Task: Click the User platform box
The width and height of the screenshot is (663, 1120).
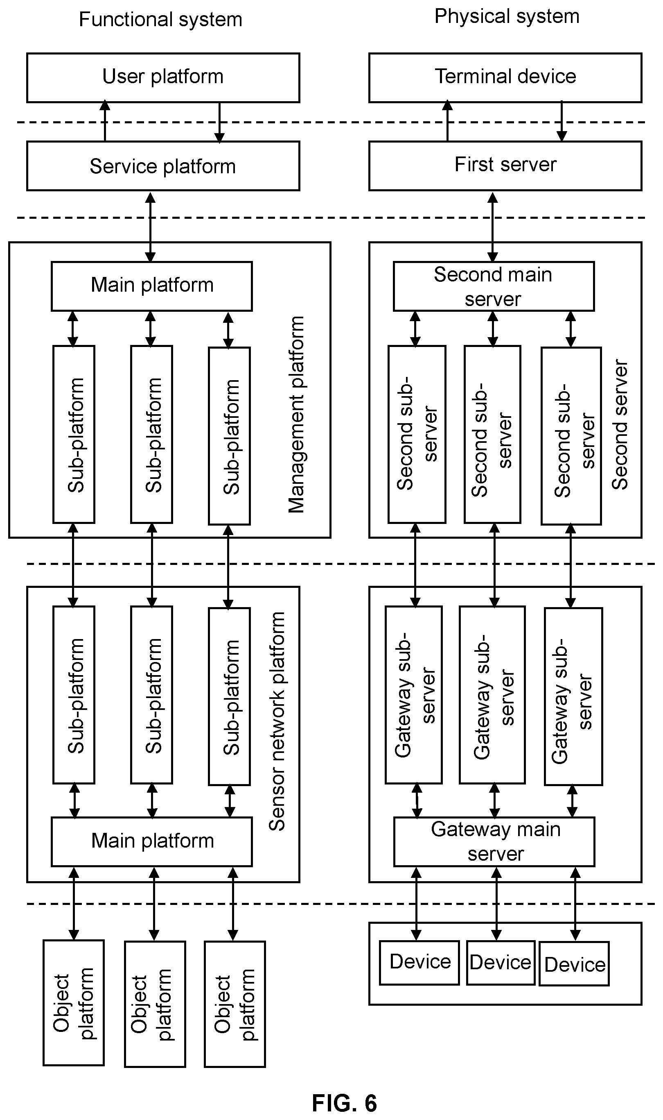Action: (x=163, y=78)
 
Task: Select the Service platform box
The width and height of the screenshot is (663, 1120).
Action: (x=163, y=166)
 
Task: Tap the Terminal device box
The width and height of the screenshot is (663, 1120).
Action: (x=505, y=78)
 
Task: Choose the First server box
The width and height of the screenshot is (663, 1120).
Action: (x=505, y=166)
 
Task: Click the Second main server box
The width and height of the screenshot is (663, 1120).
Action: (x=494, y=286)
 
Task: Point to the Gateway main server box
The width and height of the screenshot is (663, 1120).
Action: (x=494, y=841)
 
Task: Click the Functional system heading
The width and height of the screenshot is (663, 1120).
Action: (x=160, y=20)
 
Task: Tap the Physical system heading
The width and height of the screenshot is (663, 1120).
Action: (x=507, y=16)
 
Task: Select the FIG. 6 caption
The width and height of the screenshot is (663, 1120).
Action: (x=345, y=1103)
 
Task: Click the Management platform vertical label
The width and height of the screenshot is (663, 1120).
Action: (x=296, y=414)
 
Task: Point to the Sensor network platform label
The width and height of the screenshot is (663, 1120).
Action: (x=277, y=721)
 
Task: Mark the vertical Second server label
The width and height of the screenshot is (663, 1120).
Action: (x=620, y=425)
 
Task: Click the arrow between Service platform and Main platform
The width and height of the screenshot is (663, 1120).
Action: (x=151, y=227)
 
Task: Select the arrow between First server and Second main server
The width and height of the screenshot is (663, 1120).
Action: (x=492, y=227)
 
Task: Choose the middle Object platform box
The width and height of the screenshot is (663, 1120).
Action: (x=155, y=1004)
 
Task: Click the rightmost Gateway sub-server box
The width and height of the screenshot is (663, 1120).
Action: (x=573, y=696)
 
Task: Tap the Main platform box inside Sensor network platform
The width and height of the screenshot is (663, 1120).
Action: (x=152, y=841)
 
